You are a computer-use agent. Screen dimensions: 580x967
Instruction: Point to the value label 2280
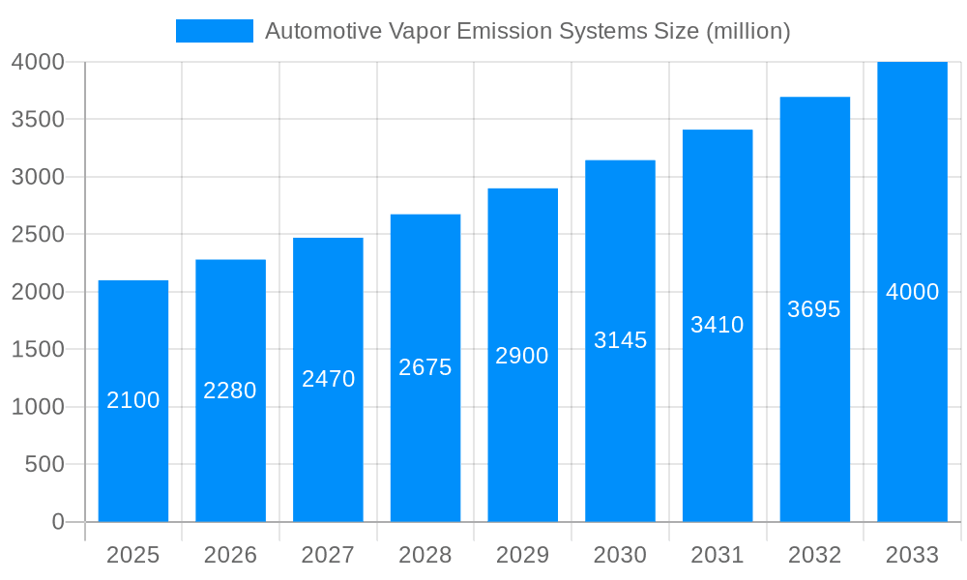[x=230, y=391]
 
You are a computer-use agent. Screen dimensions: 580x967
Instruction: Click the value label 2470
[x=329, y=379]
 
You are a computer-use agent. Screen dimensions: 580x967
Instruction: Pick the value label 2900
[x=522, y=356]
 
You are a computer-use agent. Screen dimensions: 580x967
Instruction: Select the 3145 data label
[x=620, y=340]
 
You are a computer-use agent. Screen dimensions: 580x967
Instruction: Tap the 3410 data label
[x=718, y=325]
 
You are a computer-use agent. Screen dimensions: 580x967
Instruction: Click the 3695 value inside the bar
[x=814, y=309]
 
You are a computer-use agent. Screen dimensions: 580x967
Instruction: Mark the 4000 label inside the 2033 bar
[x=912, y=292]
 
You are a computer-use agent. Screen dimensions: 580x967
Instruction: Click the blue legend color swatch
[x=214, y=31]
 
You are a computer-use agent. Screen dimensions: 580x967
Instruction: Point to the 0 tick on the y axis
[x=57, y=522]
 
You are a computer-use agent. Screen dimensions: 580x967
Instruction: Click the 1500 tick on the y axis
[x=38, y=349]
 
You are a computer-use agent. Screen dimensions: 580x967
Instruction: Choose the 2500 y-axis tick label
[x=38, y=234]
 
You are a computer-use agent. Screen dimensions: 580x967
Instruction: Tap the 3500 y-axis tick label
[x=38, y=119]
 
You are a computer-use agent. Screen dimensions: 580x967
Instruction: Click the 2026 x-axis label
[x=230, y=555]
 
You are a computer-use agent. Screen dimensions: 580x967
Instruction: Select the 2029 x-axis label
[x=522, y=555]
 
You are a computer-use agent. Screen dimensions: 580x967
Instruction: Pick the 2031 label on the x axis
[x=718, y=555]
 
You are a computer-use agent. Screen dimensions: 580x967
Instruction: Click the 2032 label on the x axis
[x=814, y=555]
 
